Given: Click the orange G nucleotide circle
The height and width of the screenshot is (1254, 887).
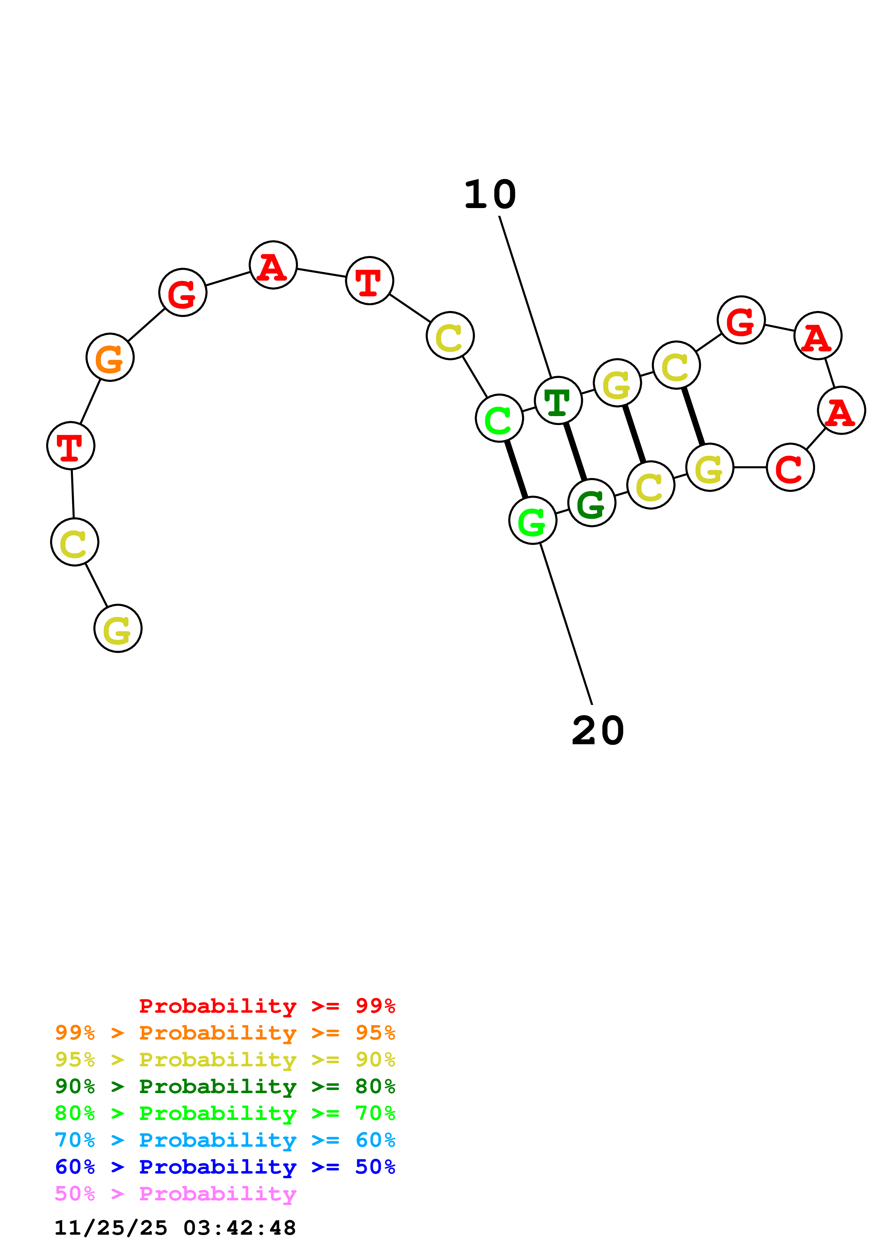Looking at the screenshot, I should pyautogui.click(x=110, y=357).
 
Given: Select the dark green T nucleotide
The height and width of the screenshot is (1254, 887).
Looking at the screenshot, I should pyautogui.click(x=558, y=401).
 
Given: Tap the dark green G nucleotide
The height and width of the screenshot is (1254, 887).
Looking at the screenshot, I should pyautogui.click(x=592, y=503).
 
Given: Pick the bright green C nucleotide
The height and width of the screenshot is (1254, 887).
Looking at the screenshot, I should pyautogui.click(x=499, y=418).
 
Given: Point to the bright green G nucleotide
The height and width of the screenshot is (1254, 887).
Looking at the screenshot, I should pyautogui.click(x=533, y=520).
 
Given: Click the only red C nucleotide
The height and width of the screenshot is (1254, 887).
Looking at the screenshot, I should pyautogui.click(x=790, y=468).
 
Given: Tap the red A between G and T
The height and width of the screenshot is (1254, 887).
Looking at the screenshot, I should pyautogui.click(x=273, y=266).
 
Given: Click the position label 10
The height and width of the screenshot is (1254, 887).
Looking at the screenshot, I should pyautogui.click(x=490, y=195).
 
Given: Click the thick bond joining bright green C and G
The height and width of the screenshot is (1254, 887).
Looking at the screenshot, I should pyautogui.click(x=516, y=470).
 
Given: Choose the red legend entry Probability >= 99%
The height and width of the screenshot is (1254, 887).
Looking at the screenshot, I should pyautogui.click(x=267, y=1006).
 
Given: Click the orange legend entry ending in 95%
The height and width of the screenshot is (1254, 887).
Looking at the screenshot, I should pyautogui.click(x=225, y=1033).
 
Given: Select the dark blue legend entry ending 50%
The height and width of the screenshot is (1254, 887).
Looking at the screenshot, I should pyautogui.click(x=225, y=1167).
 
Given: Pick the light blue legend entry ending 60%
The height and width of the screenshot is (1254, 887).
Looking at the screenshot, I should pyautogui.click(x=225, y=1140).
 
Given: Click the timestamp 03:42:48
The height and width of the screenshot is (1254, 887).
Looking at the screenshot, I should pyautogui.click(x=239, y=1228).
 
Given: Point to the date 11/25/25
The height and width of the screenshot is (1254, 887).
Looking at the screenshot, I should pyautogui.click(x=111, y=1228).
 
